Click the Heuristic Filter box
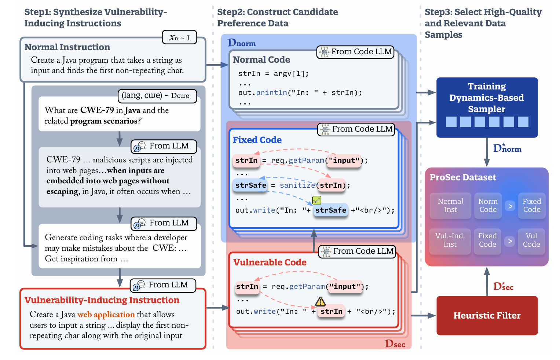(x=487, y=315)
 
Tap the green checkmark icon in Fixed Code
(x=316, y=200)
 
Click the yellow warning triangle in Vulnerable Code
(x=320, y=301)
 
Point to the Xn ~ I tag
(x=179, y=37)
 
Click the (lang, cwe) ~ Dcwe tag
(x=157, y=96)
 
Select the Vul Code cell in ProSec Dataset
(x=531, y=240)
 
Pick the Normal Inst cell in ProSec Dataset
(x=450, y=206)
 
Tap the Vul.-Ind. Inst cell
(x=450, y=240)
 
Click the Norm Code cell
(x=488, y=206)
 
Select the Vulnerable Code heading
(x=270, y=262)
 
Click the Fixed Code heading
(x=257, y=140)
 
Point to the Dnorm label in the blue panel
(x=242, y=43)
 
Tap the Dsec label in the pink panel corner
(x=395, y=344)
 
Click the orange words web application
(x=106, y=315)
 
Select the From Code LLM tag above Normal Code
(x=355, y=52)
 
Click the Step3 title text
(x=483, y=23)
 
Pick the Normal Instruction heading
(x=67, y=47)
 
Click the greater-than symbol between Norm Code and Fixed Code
(x=510, y=206)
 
